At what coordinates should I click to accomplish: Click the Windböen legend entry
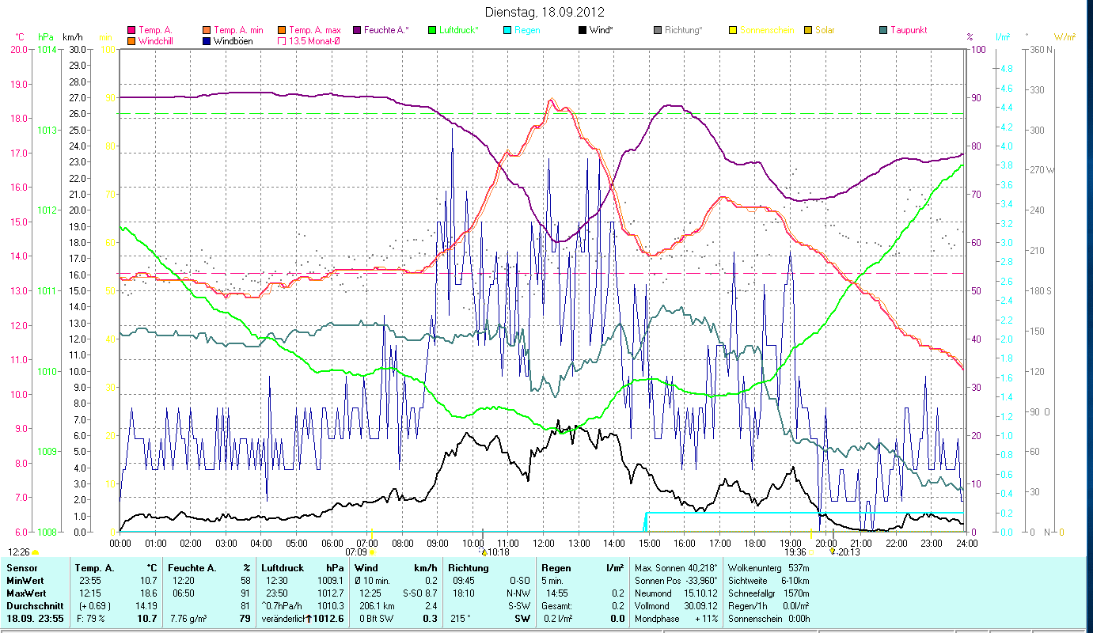pos(232,40)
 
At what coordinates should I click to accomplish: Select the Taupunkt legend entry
pos(908,30)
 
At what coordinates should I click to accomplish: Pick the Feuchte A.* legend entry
pos(386,30)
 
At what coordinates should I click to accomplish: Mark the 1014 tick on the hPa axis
pos(47,49)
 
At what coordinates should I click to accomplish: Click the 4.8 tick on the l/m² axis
pos(1007,69)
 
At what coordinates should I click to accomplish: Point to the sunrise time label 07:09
pos(357,552)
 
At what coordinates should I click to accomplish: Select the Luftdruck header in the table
pos(283,568)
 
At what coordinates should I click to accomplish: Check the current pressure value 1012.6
pos(328,618)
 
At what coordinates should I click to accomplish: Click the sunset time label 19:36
pos(795,552)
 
